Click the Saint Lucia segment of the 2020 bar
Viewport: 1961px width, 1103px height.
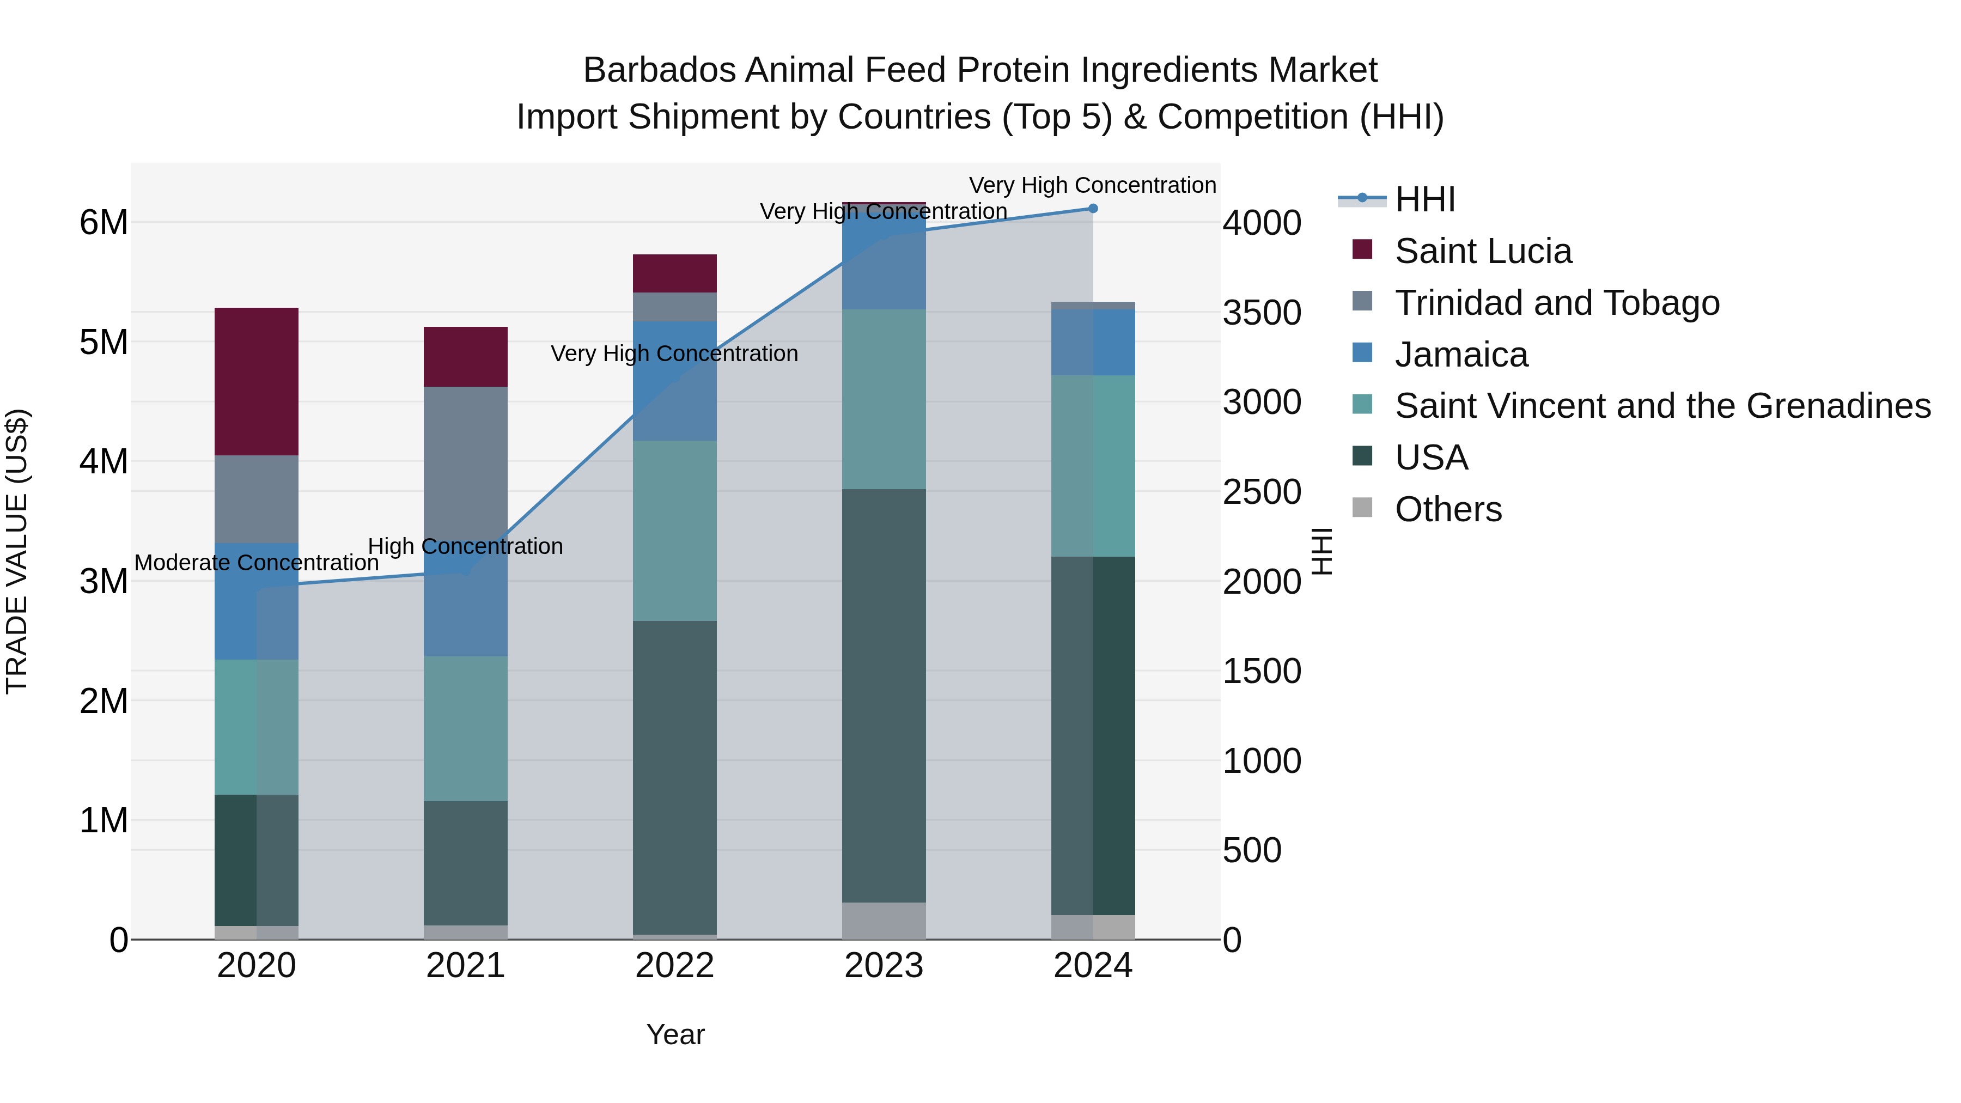coord(256,381)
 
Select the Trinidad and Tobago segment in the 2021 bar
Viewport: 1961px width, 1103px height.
coord(465,457)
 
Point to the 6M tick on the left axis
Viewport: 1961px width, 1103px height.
coord(103,223)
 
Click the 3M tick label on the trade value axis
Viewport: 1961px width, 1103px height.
coord(103,582)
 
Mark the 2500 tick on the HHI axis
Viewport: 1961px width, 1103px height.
coord(1262,492)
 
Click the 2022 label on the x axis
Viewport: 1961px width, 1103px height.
coord(674,966)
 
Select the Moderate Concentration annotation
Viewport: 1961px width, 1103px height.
coord(257,563)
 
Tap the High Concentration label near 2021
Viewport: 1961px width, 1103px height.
coord(465,546)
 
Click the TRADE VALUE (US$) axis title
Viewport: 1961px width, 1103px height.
coord(17,551)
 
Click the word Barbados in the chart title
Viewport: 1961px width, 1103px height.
coord(659,70)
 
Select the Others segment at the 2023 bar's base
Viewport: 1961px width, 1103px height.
coord(884,921)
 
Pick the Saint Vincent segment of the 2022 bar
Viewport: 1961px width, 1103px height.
coord(674,530)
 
